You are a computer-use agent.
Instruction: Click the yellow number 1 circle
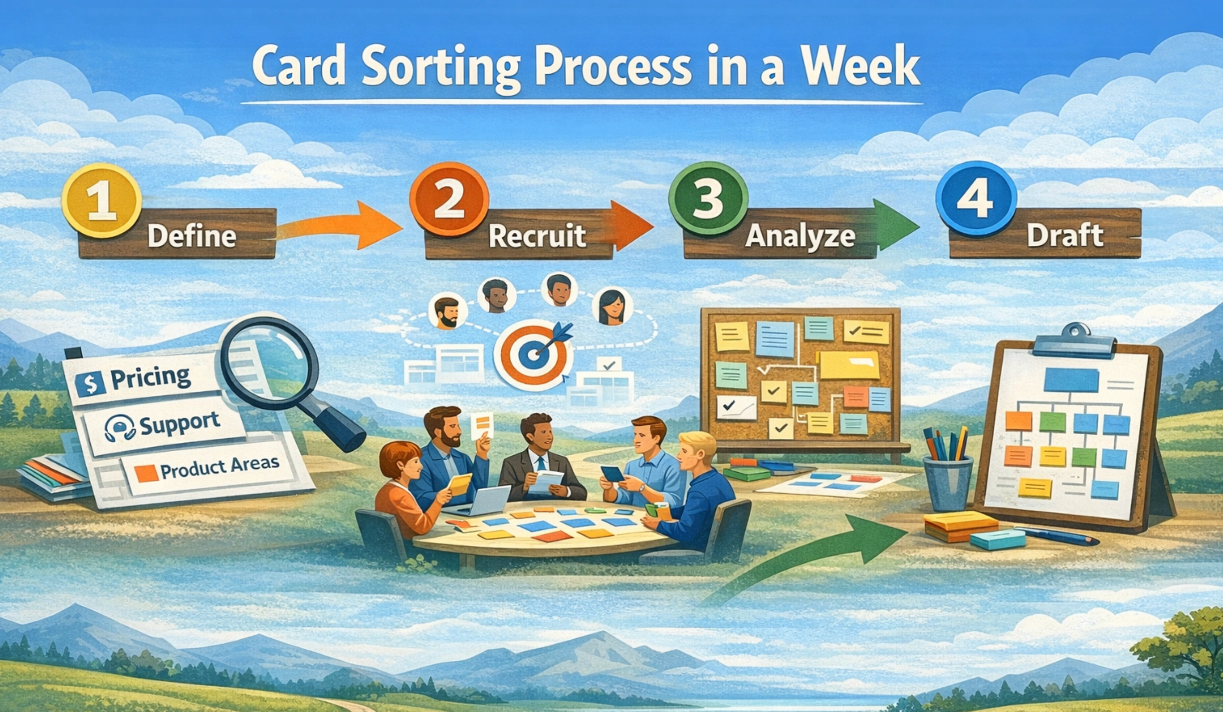(x=102, y=200)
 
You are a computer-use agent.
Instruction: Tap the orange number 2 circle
(x=449, y=199)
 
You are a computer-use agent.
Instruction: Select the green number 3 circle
(x=708, y=198)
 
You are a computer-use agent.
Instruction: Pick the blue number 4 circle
(x=976, y=198)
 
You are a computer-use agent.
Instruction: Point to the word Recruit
(x=537, y=236)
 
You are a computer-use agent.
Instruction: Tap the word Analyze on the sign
(x=800, y=236)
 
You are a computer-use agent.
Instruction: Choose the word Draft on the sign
(x=1065, y=235)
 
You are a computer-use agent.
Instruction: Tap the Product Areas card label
(x=219, y=466)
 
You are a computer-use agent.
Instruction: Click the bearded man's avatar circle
(x=447, y=313)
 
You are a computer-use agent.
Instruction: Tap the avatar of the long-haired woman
(x=612, y=307)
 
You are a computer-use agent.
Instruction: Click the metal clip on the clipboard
(x=1075, y=339)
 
